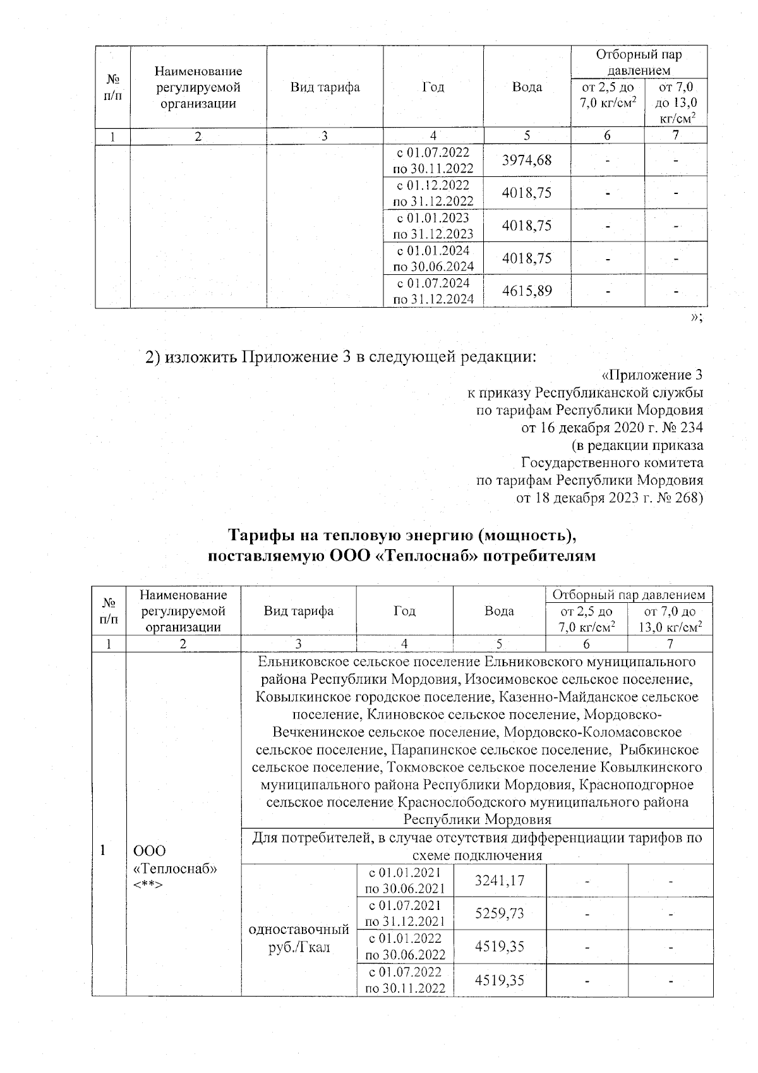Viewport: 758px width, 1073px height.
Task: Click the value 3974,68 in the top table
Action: click(x=526, y=161)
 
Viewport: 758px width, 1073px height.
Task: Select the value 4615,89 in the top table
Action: click(x=526, y=291)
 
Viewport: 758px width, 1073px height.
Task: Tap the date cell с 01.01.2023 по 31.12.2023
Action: click(x=433, y=226)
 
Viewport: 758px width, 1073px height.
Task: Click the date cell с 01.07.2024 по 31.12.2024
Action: click(x=433, y=291)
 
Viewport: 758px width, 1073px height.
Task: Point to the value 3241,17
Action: click(x=499, y=880)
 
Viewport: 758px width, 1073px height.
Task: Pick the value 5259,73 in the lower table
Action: click(x=499, y=913)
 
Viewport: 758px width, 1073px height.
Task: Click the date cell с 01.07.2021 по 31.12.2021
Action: click(x=405, y=913)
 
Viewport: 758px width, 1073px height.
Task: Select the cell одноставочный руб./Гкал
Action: click(x=299, y=939)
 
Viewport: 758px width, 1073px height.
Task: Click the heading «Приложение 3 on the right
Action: click(x=653, y=375)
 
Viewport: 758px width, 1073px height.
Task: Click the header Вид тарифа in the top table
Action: click(x=325, y=87)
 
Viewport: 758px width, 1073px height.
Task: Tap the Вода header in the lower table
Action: click(x=498, y=611)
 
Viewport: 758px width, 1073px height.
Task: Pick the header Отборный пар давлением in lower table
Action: click(x=629, y=595)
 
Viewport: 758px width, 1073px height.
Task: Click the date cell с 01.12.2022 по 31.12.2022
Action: click(x=433, y=193)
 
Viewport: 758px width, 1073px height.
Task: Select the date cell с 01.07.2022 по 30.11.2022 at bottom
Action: click(x=405, y=979)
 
